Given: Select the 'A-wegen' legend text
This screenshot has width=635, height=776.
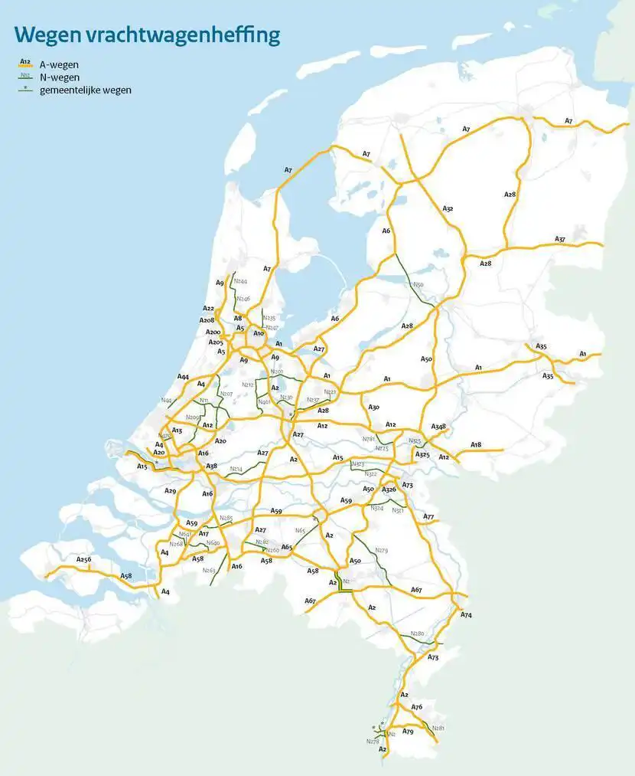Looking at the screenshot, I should coord(59,65).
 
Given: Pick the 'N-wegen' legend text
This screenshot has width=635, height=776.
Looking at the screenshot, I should coord(59,77).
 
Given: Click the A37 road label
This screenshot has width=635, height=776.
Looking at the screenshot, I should coord(560,239).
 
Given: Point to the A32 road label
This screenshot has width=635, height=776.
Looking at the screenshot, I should coord(448,208).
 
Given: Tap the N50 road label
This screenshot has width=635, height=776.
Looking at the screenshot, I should coord(418,285).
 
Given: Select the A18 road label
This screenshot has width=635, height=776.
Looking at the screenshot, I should coord(476,445).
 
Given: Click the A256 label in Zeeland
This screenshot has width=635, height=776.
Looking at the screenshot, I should coord(83,560).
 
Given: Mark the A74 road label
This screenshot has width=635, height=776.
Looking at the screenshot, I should coord(467,615).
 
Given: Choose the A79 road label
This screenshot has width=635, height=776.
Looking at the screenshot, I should coord(408,732).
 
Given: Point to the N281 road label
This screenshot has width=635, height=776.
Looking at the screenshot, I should coord(438,728).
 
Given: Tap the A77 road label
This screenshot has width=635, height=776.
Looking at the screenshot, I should coord(428,517).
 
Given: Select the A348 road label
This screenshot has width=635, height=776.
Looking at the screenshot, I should coord(438,427).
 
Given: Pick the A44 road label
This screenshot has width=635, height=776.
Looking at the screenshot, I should coord(183,377).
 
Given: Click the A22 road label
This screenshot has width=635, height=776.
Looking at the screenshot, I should coord(209,309).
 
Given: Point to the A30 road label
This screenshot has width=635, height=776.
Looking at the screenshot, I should coord(373,408).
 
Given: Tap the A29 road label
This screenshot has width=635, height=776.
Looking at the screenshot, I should coord(170,491).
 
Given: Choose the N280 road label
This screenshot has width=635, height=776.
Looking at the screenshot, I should coord(417,634).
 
